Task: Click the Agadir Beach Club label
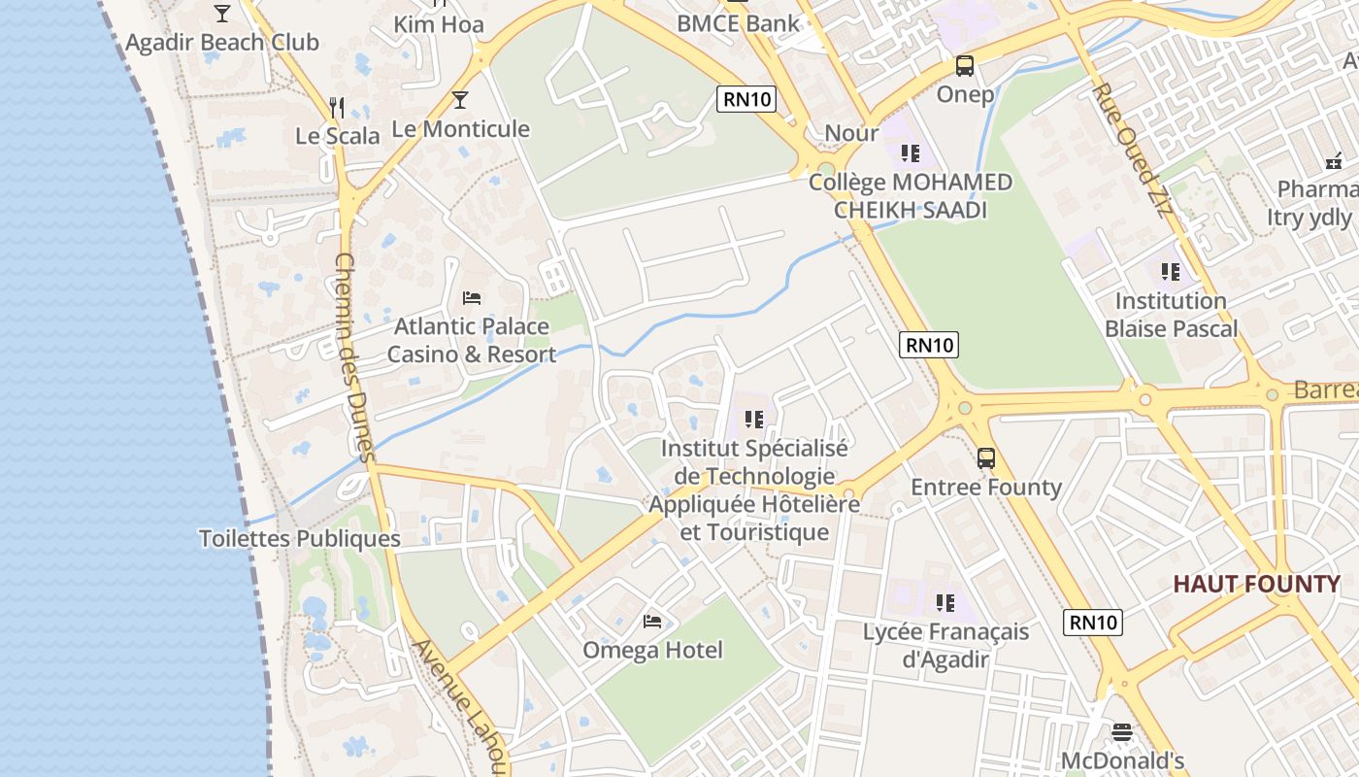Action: [221, 43]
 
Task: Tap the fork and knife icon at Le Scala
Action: [337, 107]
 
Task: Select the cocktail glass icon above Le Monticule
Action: [460, 100]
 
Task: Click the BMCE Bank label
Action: [738, 23]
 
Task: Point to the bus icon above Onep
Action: [964, 66]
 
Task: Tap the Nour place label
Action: [851, 133]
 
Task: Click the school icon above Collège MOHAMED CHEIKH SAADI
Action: [910, 153]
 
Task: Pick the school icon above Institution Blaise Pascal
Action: [1171, 272]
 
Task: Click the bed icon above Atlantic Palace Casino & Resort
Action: [472, 298]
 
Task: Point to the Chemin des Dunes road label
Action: [353, 356]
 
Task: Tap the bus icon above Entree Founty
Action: [986, 458]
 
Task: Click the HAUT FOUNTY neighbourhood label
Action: [1256, 585]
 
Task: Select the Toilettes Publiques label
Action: [299, 539]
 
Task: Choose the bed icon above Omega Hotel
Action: [652, 622]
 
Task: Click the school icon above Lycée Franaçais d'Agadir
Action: [945, 603]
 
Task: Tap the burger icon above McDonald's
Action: [1122, 732]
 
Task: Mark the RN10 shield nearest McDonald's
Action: [1093, 623]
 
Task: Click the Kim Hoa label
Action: [439, 24]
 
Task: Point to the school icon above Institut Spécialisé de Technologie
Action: [754, 420]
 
